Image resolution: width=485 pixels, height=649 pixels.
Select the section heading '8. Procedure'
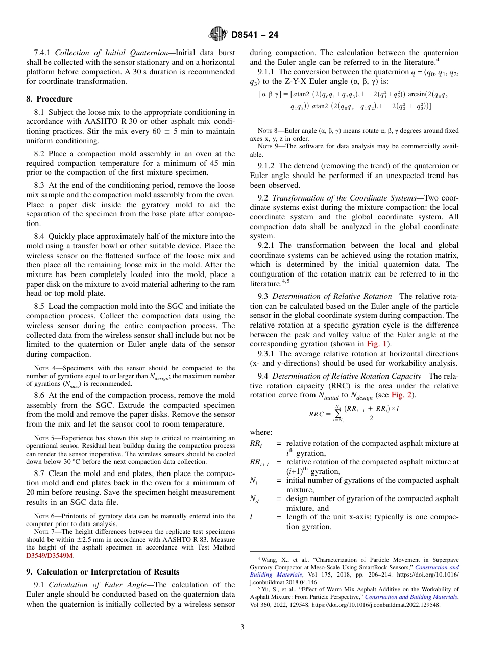50,99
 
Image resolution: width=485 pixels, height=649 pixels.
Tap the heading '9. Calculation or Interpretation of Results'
103,571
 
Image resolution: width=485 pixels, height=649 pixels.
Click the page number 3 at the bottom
242,627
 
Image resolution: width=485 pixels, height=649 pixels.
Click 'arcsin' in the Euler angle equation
419,95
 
